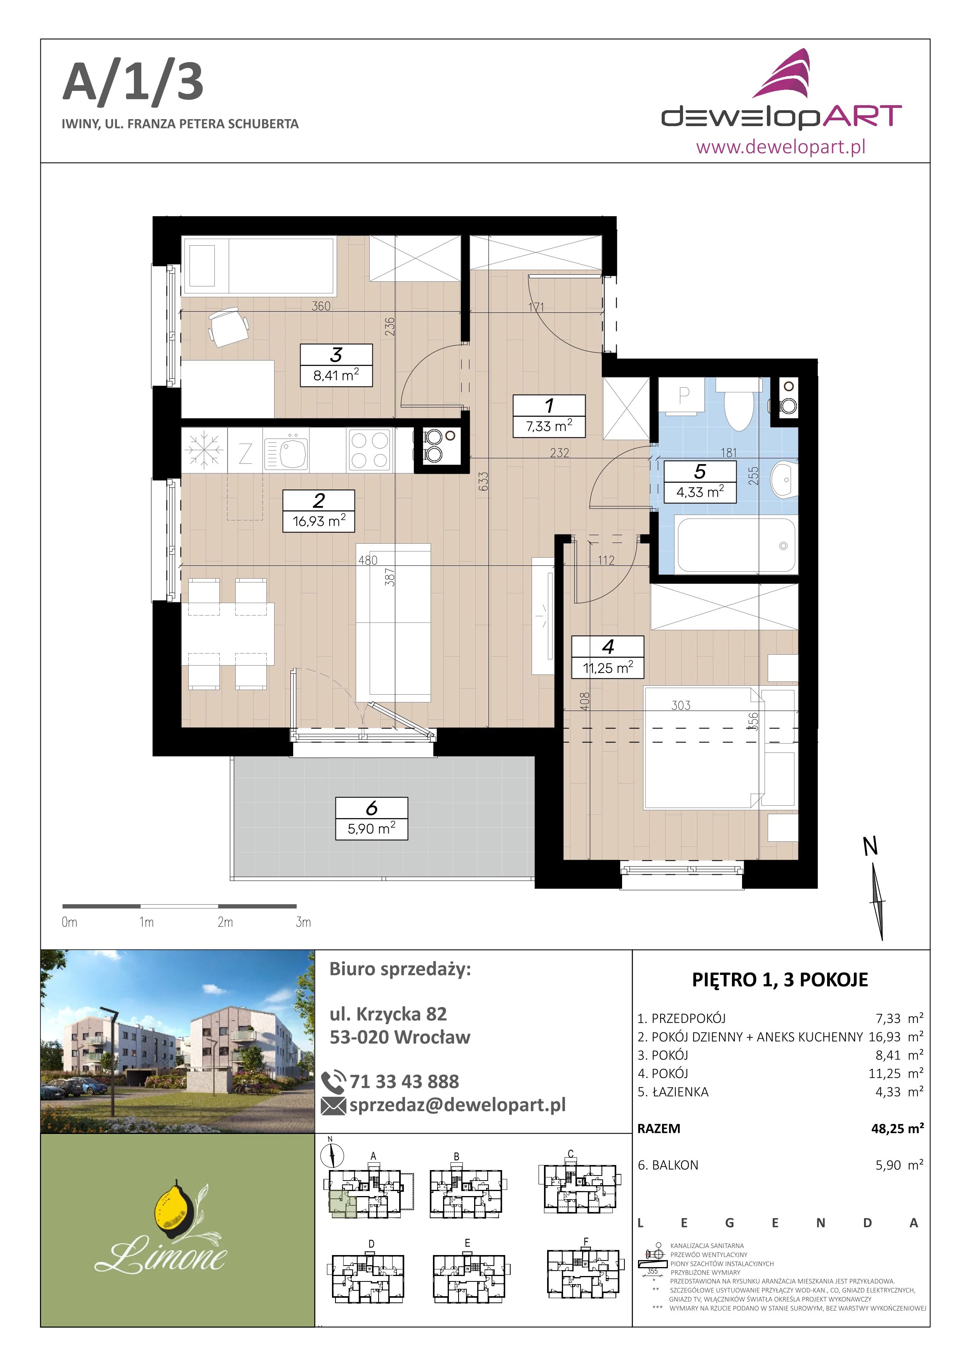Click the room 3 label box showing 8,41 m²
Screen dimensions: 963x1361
click(x=336, y=365)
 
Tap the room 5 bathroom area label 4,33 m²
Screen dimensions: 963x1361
click(x=700, y=492)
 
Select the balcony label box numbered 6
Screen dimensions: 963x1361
click(x=372, y=818)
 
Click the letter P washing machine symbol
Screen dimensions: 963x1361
click(x=684, y=395)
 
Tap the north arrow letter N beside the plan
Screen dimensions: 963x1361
click(x=870, y=846)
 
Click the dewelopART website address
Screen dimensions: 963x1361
click(x=780, y=146)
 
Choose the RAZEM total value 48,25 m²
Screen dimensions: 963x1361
click(x=897, y=1128)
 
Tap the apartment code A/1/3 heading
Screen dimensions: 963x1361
click(x=134, y=82)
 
